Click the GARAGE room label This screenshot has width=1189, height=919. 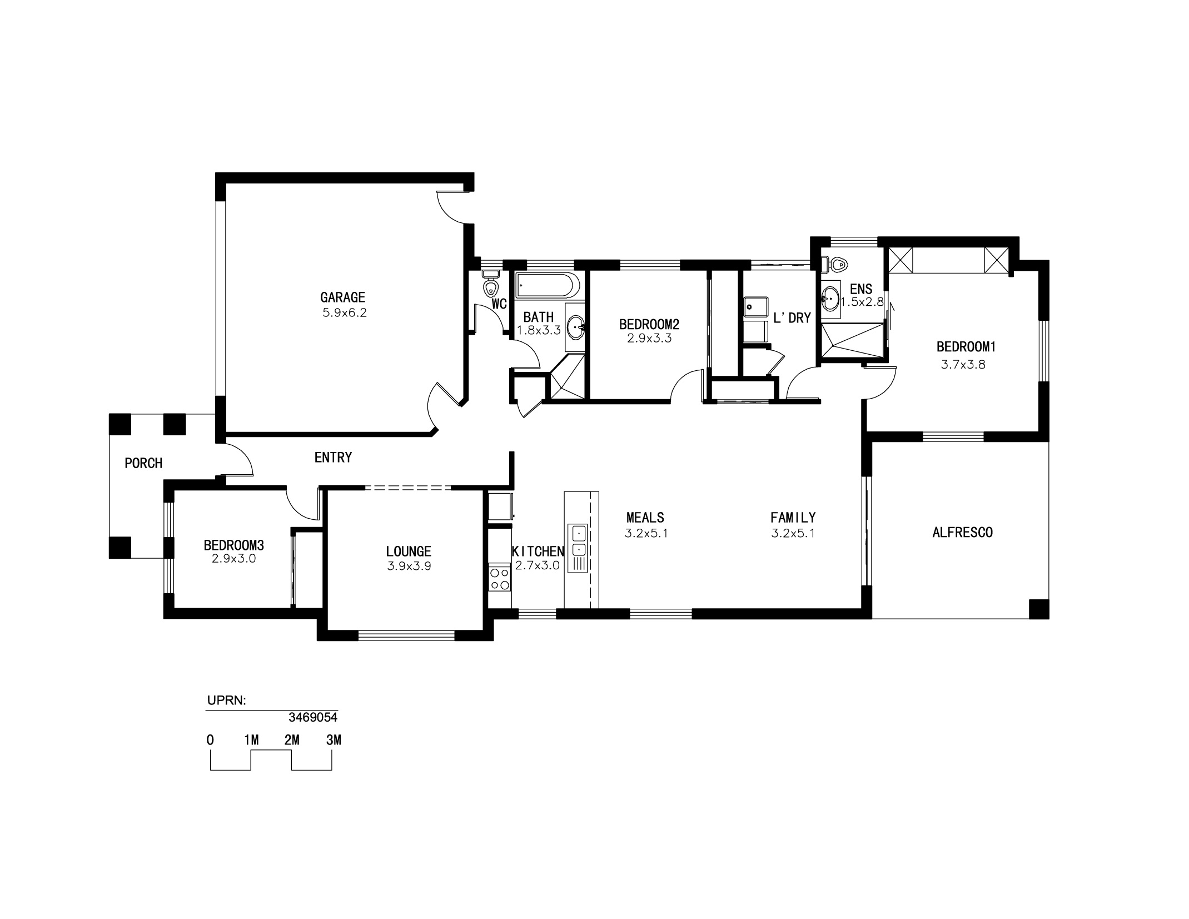coord(342,297)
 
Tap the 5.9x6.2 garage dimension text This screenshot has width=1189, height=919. coord(345,313)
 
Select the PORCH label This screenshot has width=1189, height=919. coord(143,463)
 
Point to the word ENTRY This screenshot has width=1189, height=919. coord(333,458)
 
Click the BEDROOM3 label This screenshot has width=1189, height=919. coord(233,545)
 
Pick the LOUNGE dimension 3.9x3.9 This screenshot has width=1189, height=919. coord(409,567)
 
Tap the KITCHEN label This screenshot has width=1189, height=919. coord(538,552)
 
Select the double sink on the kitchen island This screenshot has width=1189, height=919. coord(579,542)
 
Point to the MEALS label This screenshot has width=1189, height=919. coord(645,518)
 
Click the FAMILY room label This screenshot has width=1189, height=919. coord(793,518)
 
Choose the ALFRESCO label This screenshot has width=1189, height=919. coord(962,533)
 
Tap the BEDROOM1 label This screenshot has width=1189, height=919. coord(966,347)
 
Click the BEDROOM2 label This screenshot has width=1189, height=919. coord(649,324)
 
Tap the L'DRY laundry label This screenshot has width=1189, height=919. coord(792,318)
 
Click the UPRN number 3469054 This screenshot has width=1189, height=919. coord(313,718)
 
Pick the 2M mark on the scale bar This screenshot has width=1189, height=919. coord(292,741)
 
